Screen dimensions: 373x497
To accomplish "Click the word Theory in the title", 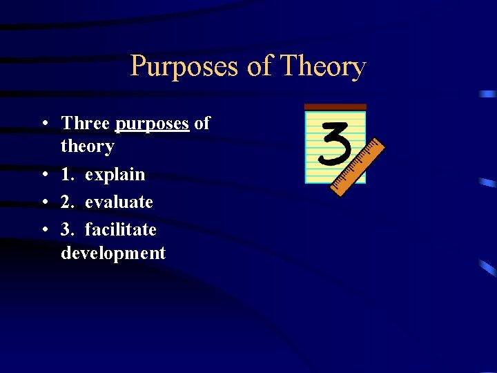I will (x=323, y=67).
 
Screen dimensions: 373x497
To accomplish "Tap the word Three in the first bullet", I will (x=86, y=124).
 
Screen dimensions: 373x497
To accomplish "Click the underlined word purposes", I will (x=152, y=124).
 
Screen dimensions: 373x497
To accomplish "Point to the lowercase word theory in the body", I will (x=87, y=146).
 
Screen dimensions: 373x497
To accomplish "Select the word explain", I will (x=115, y=175).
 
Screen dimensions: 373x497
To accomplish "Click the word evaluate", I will (x=119, y=202).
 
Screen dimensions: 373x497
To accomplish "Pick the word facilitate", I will (x=120, y=229).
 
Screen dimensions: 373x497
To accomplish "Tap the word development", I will (x=113, y=253).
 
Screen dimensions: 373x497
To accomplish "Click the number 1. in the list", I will (x=68, y=175).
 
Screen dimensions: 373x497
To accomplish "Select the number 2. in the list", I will (x=68, y=202).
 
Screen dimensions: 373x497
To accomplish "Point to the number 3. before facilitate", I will (x=68, y=229).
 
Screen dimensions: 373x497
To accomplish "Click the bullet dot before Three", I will (x=43, y=124).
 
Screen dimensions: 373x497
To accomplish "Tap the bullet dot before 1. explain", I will (x=43, y=175).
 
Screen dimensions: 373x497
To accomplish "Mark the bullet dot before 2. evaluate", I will (x=43, y=202).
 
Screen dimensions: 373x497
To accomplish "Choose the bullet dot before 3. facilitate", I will (x=43, y=230).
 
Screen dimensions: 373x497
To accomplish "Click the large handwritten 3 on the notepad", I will (x=335, y=142).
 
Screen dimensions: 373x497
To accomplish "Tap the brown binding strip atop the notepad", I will (x=335, y=107).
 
